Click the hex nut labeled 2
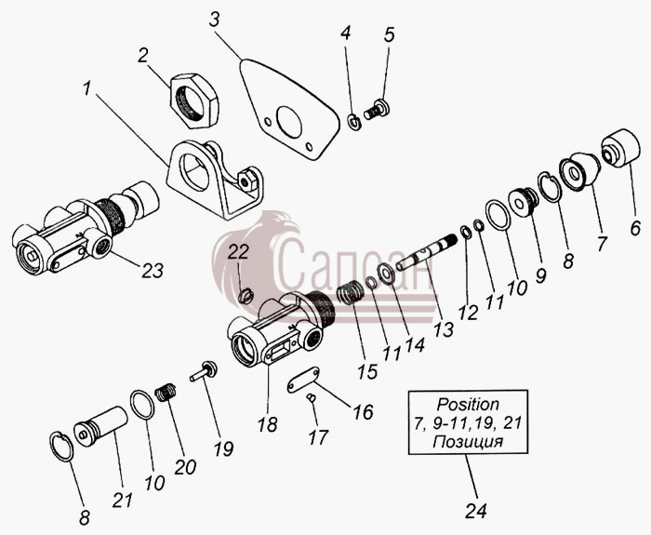point(194,100)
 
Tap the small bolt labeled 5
point(377,109)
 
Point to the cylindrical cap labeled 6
point(620,148)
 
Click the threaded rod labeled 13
point(426,252)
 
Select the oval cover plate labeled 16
point(303,380)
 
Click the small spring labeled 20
point(166,392)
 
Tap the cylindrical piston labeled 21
point(100,425)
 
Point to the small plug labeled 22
point(246,295)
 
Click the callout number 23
point(153,271)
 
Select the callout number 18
point(267,424)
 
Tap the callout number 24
point(476,511)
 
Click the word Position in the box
point(468,404)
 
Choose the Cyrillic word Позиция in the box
point(468,442)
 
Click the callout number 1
point(86,88)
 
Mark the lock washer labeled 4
point(354,122)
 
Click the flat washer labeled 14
point(386,274)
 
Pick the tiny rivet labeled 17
point(312,397)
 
